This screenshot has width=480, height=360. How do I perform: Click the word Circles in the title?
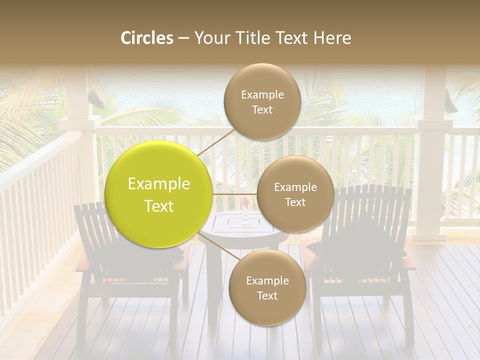pyautogui.click(x=147, y=38)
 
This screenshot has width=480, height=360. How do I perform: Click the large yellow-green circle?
pyautogui.click(x=159, y=194)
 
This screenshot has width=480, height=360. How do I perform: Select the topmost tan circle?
pyautogui.click(x=262, y=101)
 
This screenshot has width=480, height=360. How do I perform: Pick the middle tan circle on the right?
pyautogui.click(x=295, y=194)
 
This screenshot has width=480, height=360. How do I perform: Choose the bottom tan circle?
pyautogui.click(x=267, y=287)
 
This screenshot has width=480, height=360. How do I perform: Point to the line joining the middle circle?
pyautogui.click(x=235, y=194)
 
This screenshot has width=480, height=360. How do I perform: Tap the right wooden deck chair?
pyautogui.click(x=365, y=250)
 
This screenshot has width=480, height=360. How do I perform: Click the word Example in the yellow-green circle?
pyautogui.click(x=159, y=184)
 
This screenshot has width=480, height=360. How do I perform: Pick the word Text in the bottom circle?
pyautogui.click(x=267, y=295)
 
